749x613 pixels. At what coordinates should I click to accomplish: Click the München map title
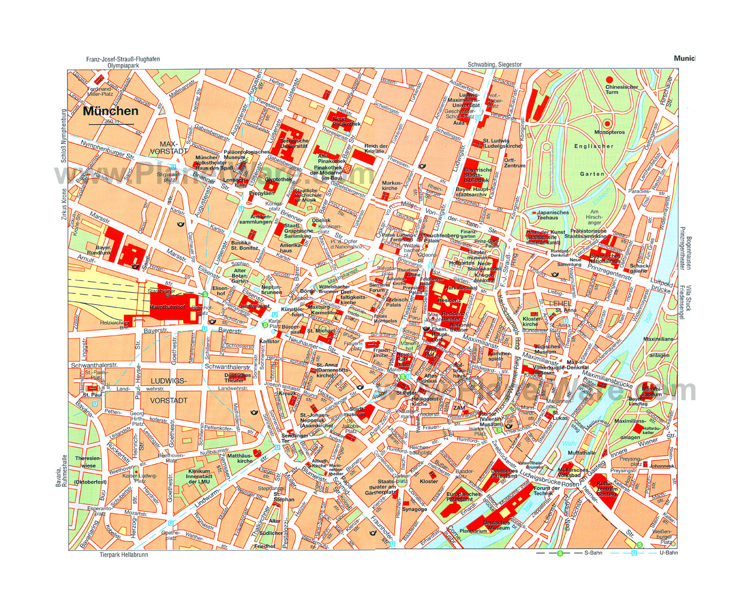click(110, 111)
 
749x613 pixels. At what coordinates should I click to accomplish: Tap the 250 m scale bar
click(112, 124)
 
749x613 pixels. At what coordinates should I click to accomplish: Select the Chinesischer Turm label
click(621, 89)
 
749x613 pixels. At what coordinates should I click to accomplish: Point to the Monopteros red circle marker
click(607, 124)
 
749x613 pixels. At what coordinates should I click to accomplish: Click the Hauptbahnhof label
click(167, 307)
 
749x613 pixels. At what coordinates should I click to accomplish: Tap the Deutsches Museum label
click(496, 525)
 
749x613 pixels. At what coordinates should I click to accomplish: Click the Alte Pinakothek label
click(331, 158)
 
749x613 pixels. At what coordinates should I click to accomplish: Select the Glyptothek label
click(278, 180)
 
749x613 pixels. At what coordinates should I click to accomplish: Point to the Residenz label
click(449, 300)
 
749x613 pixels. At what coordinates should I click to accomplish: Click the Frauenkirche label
click(380, 353)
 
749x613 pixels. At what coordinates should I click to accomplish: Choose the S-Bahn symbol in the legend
click(560, 553)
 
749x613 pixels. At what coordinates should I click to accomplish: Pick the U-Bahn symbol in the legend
click(634, 553)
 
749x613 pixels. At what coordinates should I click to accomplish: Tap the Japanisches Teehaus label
click(553, 215)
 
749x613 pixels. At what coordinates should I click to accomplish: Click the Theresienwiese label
click(88, 462)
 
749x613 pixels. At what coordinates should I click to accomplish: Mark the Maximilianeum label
click(651, 392)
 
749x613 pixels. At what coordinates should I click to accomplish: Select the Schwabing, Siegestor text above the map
click(494, 65)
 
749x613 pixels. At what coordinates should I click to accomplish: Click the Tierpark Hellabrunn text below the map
click(124, 555)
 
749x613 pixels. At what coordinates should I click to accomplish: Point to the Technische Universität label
click(294, 143)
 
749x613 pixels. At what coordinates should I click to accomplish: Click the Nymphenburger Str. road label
click(108, 150)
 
